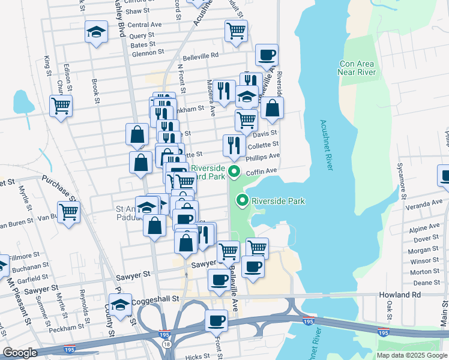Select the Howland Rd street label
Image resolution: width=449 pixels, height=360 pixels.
(400, 295)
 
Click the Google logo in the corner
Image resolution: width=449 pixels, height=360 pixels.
(19, 353)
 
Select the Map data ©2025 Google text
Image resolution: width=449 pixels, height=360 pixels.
(411, 355)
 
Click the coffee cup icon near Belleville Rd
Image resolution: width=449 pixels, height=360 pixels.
(267, 55)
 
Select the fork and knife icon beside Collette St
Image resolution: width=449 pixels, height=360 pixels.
(234, 145)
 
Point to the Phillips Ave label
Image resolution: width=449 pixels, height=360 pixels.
(264, 156)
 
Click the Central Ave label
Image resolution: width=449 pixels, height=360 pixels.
(145, 25)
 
